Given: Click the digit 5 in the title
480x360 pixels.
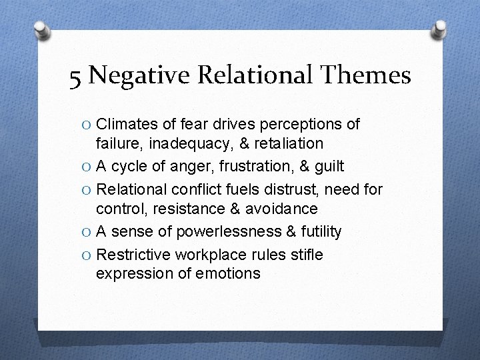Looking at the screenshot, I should pyautogui.click(x=76, y=78).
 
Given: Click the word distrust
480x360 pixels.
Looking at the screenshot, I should pyautogui.click(x=291, y=189).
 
